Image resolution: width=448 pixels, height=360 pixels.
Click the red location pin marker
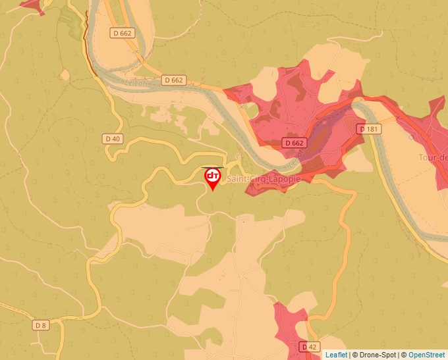click(213, 178)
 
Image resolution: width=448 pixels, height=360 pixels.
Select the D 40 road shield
click(113, 138)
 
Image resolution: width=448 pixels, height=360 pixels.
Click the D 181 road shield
click(370, 129)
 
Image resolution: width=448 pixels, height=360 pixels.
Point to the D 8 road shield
click(41, 325)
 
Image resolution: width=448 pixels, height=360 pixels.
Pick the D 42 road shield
click(308, 346)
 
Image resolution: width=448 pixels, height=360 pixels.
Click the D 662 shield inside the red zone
click(294, 142)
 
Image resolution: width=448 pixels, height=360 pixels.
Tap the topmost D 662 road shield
click(123, 32)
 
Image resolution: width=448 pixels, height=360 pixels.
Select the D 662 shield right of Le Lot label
click(174, 80)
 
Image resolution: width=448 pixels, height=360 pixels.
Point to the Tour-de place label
click(433, 157)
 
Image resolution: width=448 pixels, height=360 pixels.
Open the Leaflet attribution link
click(336, 355)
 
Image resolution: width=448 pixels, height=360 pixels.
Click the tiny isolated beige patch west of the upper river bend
click(65, 75)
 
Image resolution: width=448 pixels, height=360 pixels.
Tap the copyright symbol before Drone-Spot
click(355, 355)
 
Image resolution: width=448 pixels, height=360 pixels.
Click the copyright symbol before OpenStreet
click(405, 355)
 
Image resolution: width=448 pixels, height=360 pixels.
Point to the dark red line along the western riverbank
click(86, 39)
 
